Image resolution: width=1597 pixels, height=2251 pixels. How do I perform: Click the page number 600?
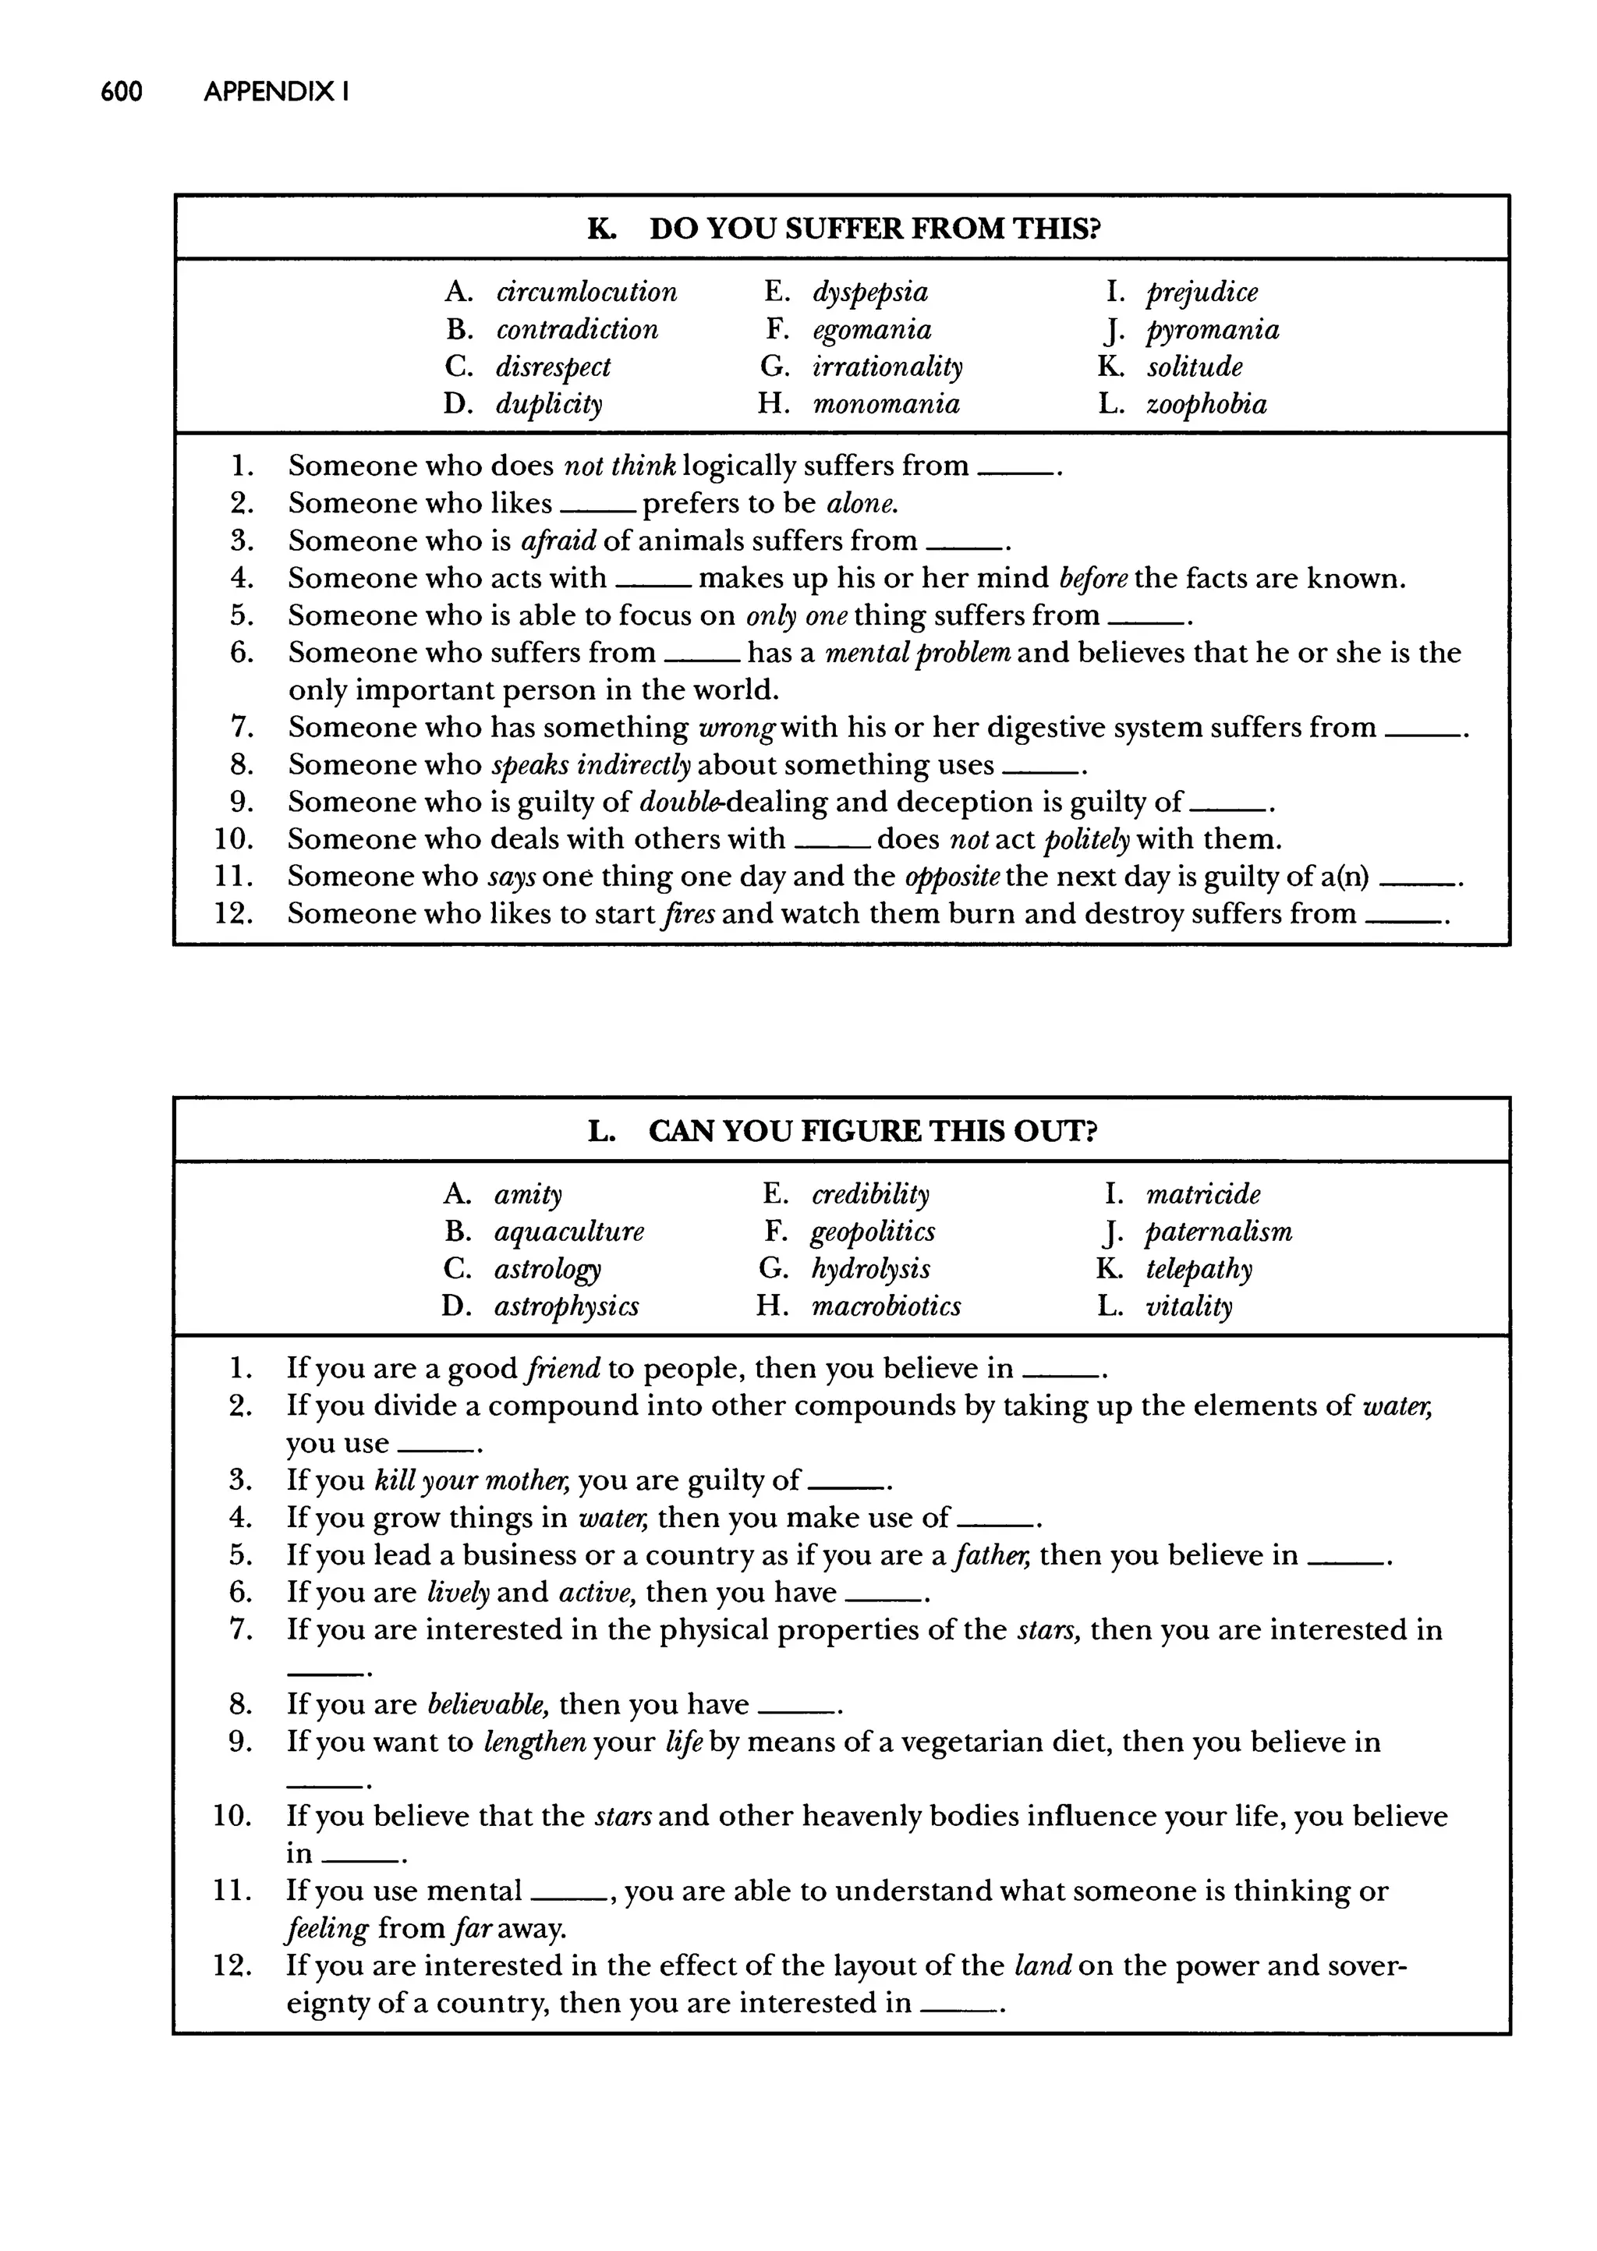coord(121,93)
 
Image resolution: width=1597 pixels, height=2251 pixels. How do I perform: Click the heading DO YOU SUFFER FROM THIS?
coord(874,229)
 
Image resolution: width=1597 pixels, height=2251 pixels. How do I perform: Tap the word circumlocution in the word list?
coord(586,292)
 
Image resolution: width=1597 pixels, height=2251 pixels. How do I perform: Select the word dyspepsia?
coord(869,292)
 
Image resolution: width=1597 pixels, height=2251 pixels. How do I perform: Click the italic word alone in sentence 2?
coord(862,504)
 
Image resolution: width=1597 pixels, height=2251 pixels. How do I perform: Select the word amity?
coord(528,1195)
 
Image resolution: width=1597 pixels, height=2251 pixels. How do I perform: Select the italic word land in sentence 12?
coord(1041,1966)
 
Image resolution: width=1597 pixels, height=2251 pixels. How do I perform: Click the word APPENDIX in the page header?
coord(268,93)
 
